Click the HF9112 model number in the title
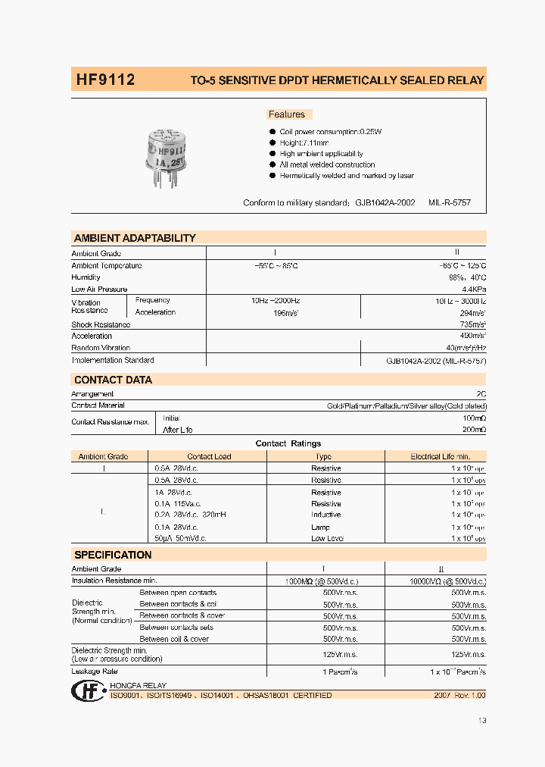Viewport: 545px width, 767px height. coord(104,79)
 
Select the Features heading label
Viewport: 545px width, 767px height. coord(287,114)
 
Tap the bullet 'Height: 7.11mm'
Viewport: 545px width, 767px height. coord(304,142)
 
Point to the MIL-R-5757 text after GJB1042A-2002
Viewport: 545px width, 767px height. coord(450,203)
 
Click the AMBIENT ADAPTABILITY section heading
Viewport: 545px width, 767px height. coord(135,238)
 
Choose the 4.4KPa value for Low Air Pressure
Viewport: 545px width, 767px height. coord(473,290)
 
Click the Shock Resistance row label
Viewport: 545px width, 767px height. coord(101,324)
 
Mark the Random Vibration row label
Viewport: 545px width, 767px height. coord(101,348)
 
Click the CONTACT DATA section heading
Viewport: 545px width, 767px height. coord(113,380)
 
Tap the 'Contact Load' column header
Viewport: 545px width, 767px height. coord(209,456)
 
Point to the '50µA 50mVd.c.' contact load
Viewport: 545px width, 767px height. coord(180,538)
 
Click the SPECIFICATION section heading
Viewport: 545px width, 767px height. coord(113,555)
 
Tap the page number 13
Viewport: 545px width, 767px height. coord(482,720)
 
